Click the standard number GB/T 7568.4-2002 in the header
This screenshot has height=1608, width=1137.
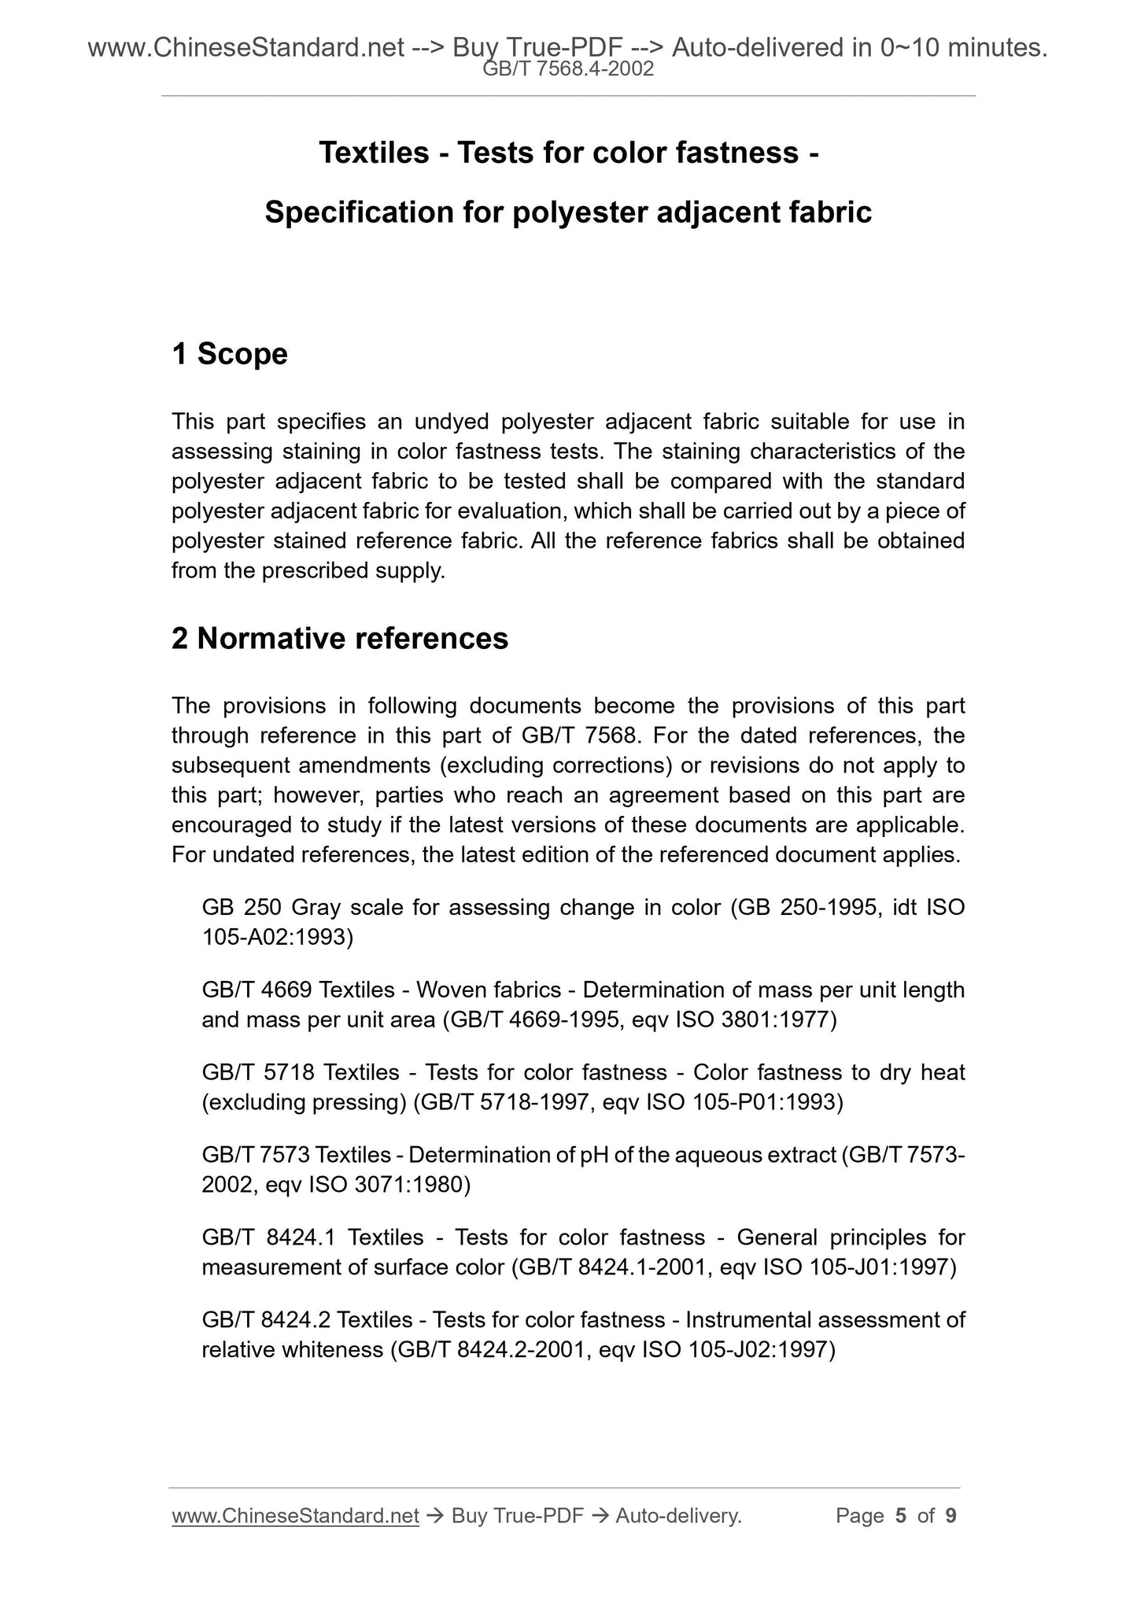coord(568,69)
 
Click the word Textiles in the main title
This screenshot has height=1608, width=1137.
coord(374,153)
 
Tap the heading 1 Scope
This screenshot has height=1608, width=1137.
coord(230,354)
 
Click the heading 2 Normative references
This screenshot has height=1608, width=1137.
coord(340,639)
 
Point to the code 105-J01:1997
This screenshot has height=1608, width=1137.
coord(877,1267)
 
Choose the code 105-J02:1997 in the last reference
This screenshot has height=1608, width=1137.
coord(756,1350)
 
